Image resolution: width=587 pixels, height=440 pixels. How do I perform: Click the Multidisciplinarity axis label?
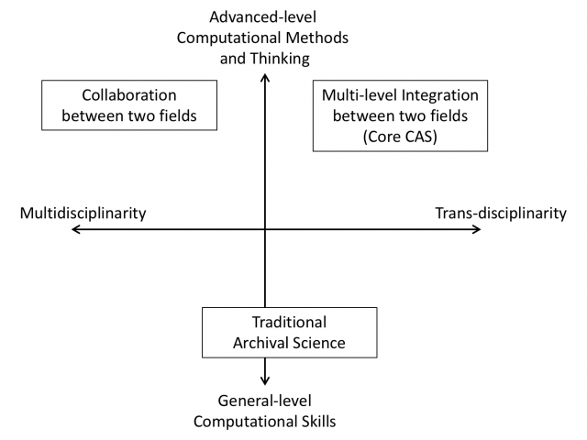click(x=83, y=213)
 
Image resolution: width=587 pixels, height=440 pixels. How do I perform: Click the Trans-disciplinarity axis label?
click(x=500, y=213)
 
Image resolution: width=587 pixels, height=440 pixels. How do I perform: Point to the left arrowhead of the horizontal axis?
click(x=75, y=229)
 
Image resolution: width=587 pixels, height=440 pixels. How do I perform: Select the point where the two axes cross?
click(x=265, y=229)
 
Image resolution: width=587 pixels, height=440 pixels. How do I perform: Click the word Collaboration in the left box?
click(x=128, y=95)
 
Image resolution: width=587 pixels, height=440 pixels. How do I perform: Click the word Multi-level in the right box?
click(x=358, y=95)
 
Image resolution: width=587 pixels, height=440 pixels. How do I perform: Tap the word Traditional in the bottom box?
click(x=289, y=323)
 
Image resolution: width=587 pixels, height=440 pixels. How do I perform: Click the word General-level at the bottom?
click(x=264, y=401)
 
